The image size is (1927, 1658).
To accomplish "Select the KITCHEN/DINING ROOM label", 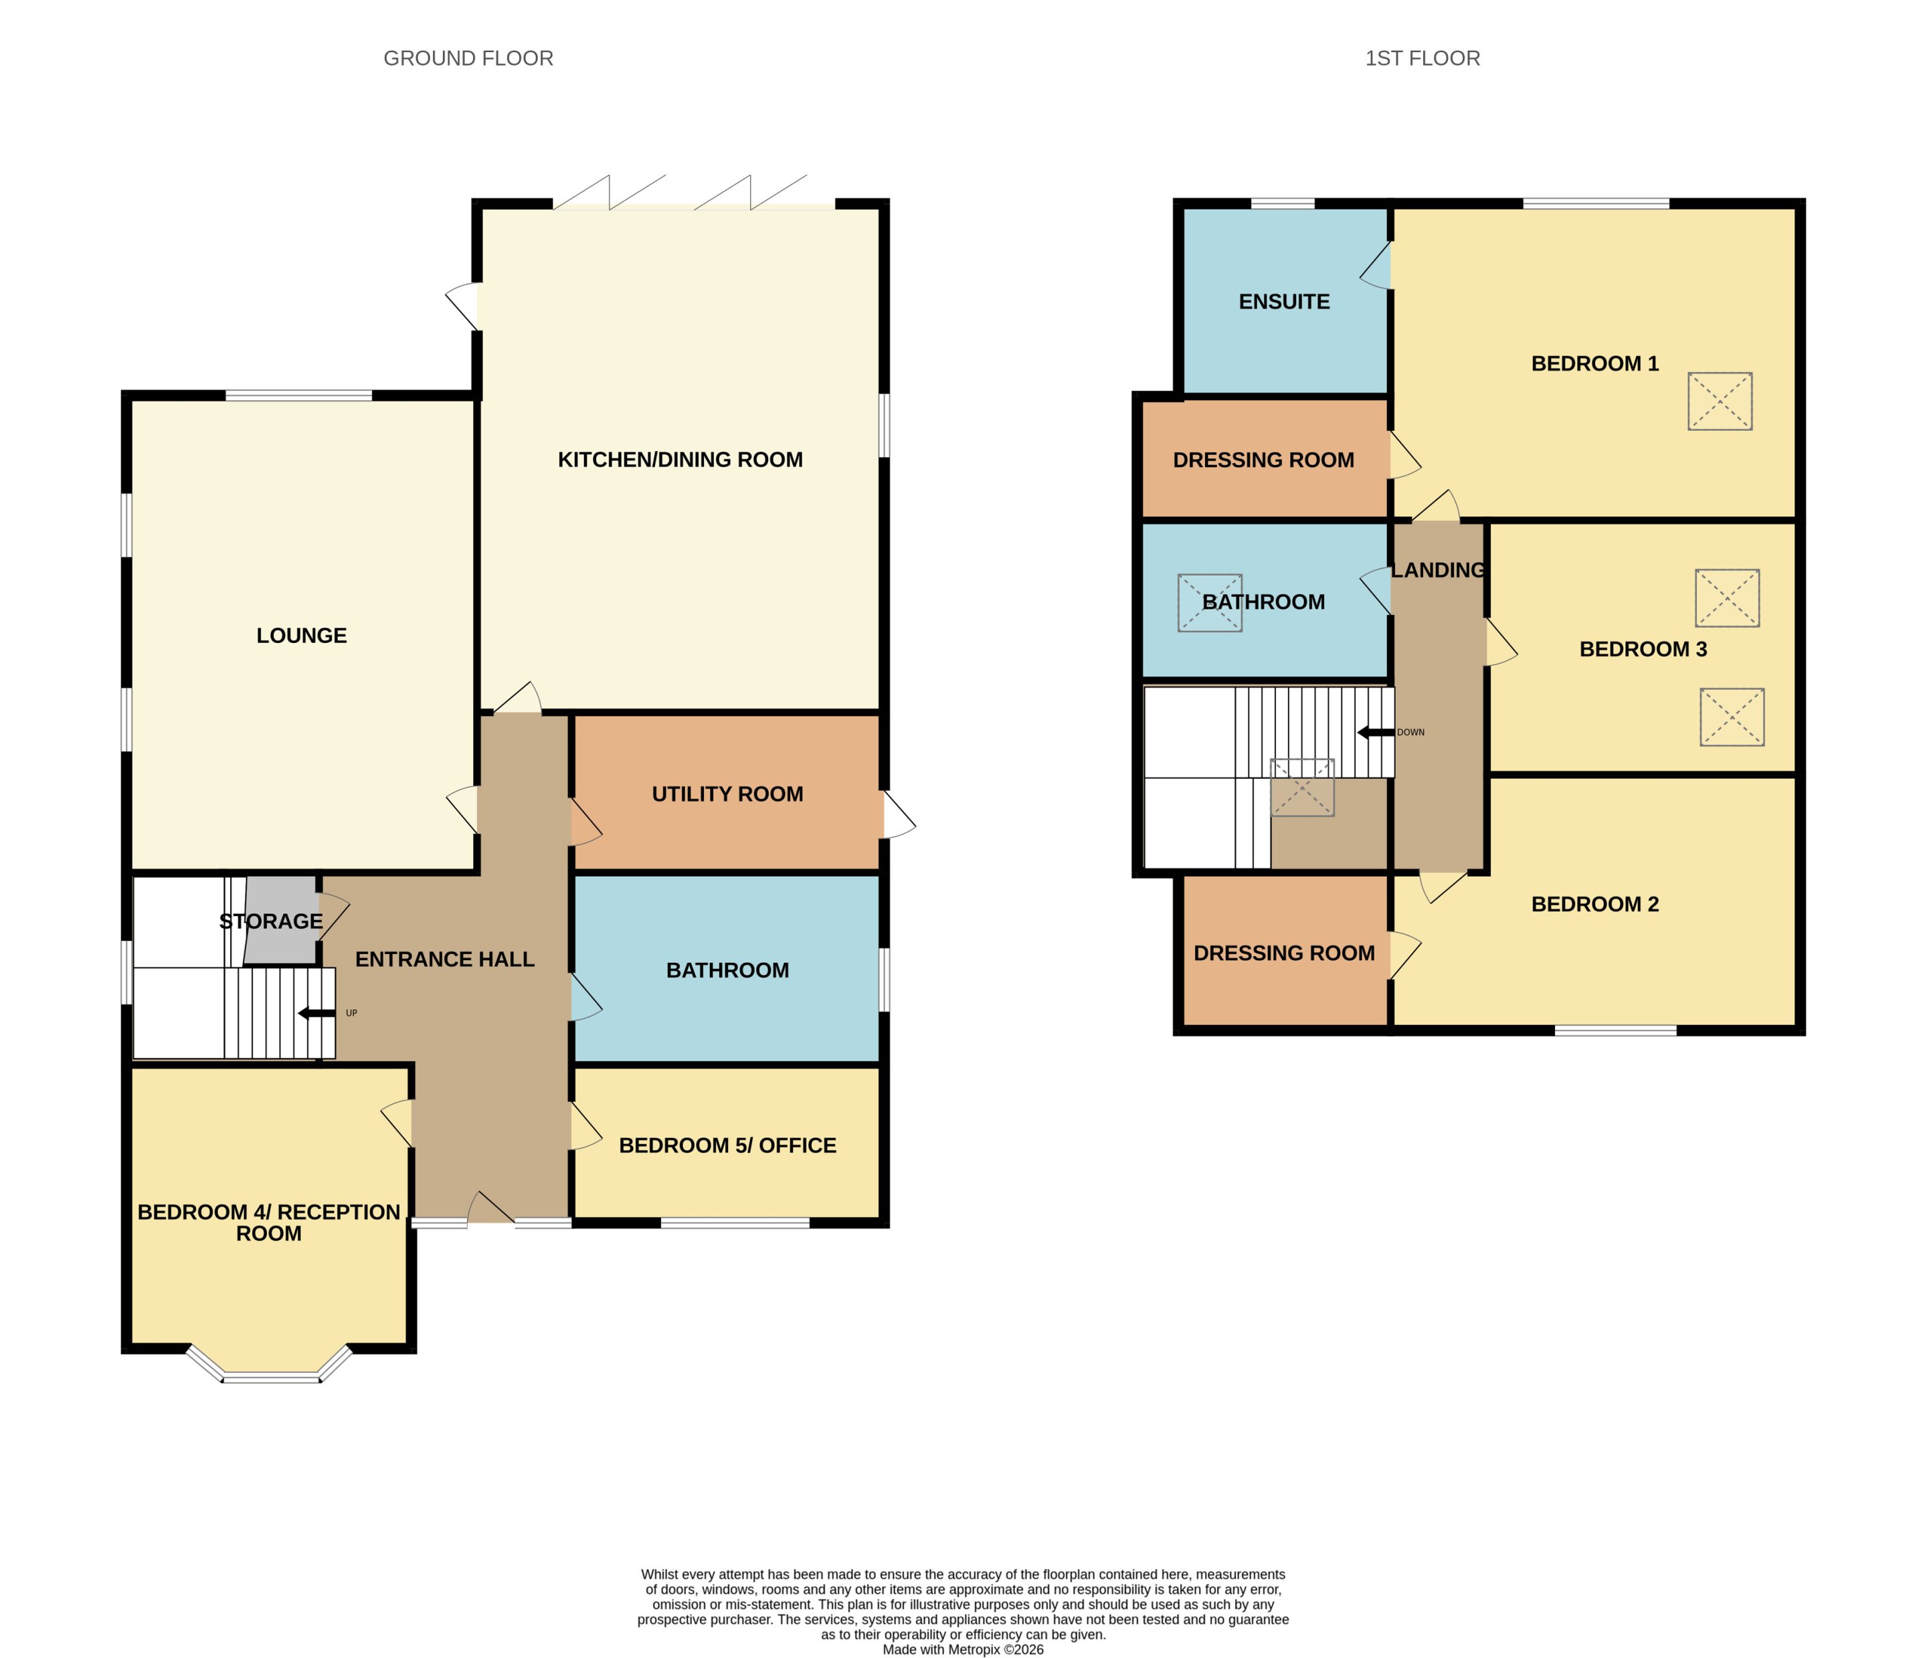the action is (680, 460).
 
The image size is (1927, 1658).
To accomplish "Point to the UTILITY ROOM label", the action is (727, 794).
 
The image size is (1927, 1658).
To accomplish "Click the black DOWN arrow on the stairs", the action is (1376, 733).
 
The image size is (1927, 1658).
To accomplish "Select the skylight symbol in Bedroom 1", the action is (1720, 401).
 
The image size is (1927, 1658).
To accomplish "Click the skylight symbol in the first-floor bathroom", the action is (1210, 604).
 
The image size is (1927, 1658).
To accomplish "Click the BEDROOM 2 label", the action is (1595, 904).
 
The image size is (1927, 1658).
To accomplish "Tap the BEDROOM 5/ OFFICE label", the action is (727, 1145).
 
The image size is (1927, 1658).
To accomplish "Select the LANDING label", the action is (1438, 570).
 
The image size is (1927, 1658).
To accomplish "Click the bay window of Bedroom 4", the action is (270, 1366).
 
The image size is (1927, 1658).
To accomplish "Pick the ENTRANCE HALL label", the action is (444, 959).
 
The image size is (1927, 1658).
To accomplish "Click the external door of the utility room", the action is (899, 814).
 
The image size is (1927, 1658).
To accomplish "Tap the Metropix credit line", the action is (963, 1649).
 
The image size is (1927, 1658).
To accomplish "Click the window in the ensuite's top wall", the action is (1283, 203).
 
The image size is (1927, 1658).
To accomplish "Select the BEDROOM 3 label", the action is (1643, 649).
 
